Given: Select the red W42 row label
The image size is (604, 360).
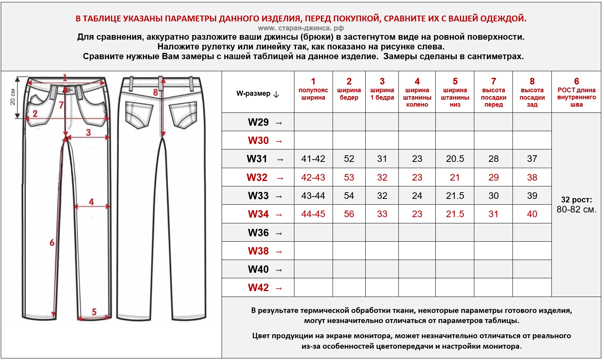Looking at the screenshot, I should pos(259,288).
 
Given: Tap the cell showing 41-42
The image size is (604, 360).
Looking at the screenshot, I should pos(313,159).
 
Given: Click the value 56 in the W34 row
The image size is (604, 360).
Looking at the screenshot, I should pos(349,214).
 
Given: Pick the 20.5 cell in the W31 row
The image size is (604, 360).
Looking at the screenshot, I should pos(455,159).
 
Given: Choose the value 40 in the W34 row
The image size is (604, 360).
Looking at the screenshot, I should pos(532,214).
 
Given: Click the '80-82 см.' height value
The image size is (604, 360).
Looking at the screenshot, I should pos(576,209).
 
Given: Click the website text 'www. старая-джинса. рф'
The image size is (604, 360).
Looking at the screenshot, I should pos(301,28).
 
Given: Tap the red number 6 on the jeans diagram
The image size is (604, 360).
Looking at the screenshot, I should pos(52,242).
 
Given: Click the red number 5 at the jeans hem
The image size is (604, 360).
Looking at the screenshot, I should pos(94,312).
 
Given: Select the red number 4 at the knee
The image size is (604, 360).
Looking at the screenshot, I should pos(91,202).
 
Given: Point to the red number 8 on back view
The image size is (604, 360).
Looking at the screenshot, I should pos(155,92).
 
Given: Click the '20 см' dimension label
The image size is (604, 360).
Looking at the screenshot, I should pos(12,97).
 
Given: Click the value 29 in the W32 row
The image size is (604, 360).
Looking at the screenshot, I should pos(493,177).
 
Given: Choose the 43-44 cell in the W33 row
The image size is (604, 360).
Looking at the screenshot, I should pos(313,196).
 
